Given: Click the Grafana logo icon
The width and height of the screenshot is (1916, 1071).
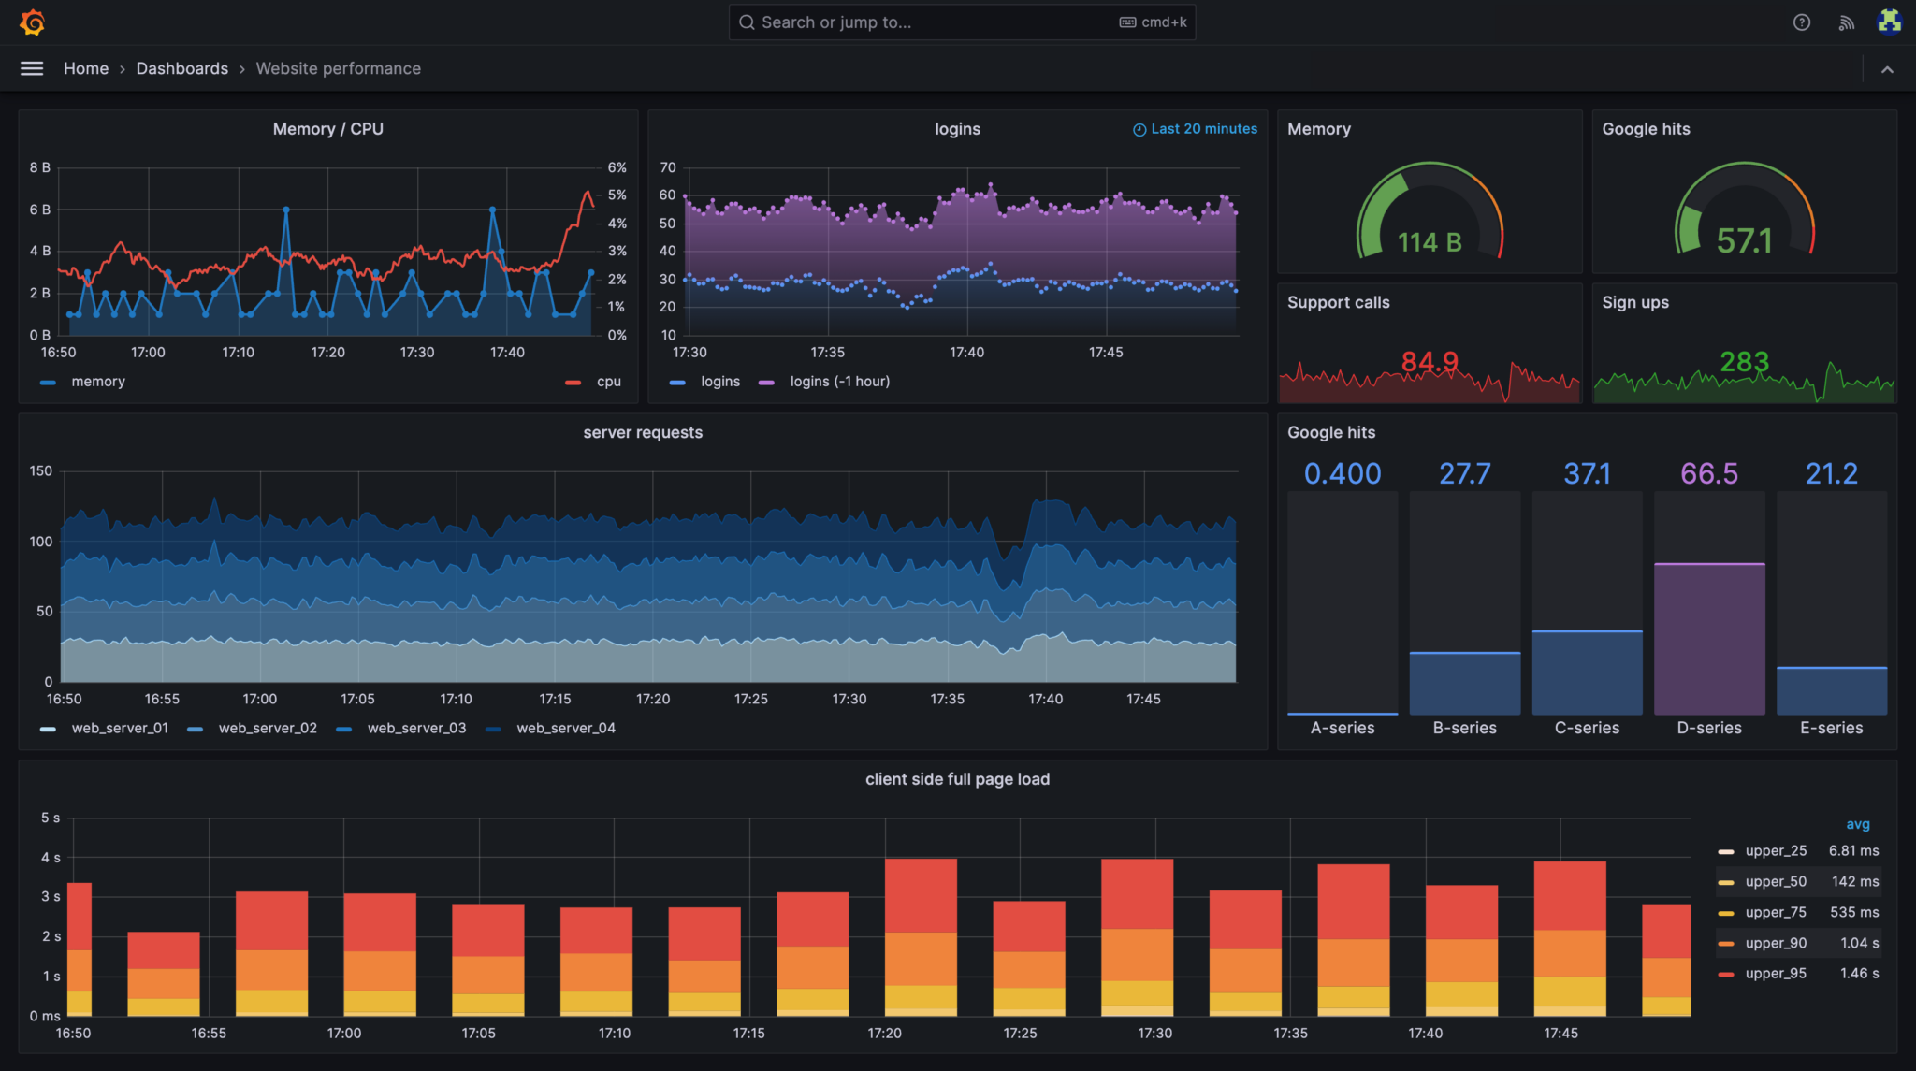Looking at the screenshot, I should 32,22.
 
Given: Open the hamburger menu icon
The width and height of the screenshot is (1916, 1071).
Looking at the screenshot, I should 32,68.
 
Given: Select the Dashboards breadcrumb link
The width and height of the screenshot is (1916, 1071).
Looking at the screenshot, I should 181,68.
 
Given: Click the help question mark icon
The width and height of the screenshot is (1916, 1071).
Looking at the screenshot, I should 1801,22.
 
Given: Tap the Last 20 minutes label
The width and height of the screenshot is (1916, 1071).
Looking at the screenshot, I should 1203,129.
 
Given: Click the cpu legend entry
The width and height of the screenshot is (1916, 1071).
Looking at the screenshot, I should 608,382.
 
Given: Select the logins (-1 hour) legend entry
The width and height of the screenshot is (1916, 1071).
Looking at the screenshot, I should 839,382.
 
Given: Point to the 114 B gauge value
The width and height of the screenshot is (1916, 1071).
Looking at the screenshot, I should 1429,242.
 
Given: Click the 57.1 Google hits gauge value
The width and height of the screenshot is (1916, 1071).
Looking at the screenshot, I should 1744,241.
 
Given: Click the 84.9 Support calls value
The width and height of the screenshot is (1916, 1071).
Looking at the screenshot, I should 1429,361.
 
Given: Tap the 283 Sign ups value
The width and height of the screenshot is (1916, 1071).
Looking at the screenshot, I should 1744,361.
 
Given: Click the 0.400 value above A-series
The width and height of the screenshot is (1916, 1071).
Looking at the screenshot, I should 1342,473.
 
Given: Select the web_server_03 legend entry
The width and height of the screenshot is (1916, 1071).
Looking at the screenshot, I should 416,728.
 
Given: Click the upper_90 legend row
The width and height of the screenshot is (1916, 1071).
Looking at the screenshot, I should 1775,943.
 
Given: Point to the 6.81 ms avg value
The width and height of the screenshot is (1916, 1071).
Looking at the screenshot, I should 1853,850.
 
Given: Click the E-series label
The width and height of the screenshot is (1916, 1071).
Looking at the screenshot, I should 1831,728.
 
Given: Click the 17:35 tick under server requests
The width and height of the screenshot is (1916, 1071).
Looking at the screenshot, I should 947,699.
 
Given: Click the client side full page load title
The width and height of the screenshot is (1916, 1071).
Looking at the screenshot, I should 957,779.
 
